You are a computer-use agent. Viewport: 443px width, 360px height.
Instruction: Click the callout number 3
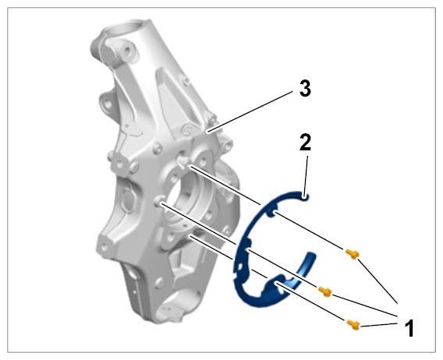305,88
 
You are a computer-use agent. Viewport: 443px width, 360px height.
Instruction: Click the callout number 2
306,142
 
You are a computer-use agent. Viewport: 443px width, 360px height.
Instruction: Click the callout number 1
409,328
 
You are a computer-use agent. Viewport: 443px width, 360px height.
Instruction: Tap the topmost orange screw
353,254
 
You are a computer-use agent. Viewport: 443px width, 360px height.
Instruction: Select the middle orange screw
325,291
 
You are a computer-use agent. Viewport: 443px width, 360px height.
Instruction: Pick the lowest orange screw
353,325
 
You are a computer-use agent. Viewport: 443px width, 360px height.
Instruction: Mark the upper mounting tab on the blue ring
272,212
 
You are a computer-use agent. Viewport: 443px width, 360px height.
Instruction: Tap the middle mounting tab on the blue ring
246,246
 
